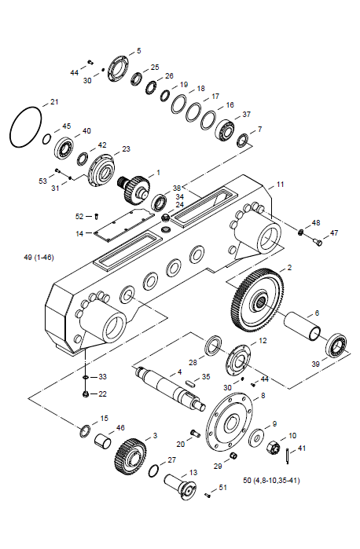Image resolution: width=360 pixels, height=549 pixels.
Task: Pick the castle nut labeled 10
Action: pyautogui.click(x=274, y=448)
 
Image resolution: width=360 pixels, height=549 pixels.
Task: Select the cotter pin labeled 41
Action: pyautogui.click(x=288, y=456)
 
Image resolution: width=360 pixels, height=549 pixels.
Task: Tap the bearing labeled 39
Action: pyautogui.click(x=336, y=346)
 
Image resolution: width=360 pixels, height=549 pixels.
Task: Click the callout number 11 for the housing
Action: pyautogui.click(x=280, y=184)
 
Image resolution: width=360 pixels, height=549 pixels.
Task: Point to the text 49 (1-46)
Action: pyautogui.click(x=39, y=258)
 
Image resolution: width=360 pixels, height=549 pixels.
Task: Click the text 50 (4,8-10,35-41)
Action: pyautogui.click(x=271, y=481)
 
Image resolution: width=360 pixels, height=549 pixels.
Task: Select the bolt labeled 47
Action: pyautogui.click(x=317, y=242)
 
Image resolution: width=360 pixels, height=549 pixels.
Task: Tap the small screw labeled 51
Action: pyautogui.click(x=208, y=495)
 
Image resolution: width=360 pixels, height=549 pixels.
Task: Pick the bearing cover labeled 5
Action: pyautogui.click(x=118, y=68)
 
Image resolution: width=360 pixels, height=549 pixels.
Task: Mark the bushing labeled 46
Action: pyautogui.click(x=103, y=441)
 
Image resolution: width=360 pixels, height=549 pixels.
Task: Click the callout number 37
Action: pyautogui.click(x=247, y=115)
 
